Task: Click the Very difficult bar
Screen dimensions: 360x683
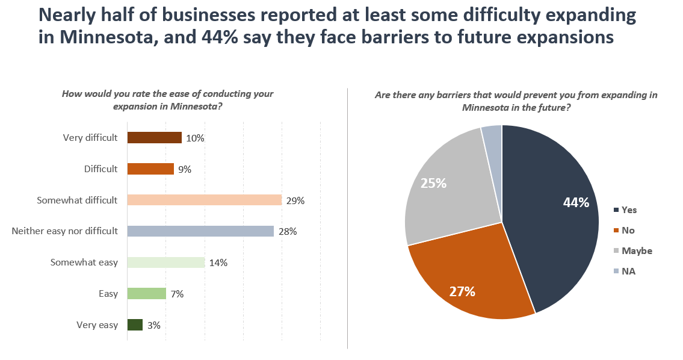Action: [154, 138]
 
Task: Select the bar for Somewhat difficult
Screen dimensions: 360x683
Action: [205, 200]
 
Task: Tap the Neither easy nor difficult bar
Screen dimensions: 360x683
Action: [200, 231]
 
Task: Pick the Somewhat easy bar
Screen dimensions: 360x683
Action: [166, 262]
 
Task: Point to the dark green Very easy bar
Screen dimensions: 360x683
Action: [135, 325]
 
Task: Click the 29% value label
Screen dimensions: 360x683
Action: [295, 200]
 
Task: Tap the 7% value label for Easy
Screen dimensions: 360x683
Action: [176, 294]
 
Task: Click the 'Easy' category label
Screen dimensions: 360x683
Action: [108, 294]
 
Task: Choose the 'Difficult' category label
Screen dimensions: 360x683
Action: [100, 169]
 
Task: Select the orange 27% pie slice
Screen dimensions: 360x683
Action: [469, 277]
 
